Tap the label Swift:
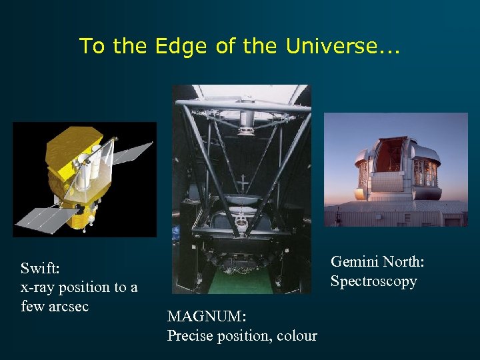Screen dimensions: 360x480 [40, 268]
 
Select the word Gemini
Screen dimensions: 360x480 [354, 262]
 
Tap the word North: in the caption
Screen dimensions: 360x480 [403, 262]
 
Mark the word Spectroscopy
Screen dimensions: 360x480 [373, 281]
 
